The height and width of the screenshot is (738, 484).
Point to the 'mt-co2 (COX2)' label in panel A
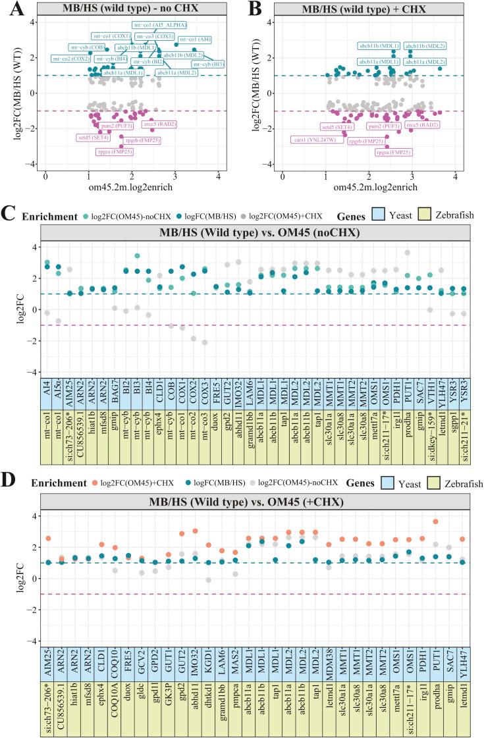pos(72,59)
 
